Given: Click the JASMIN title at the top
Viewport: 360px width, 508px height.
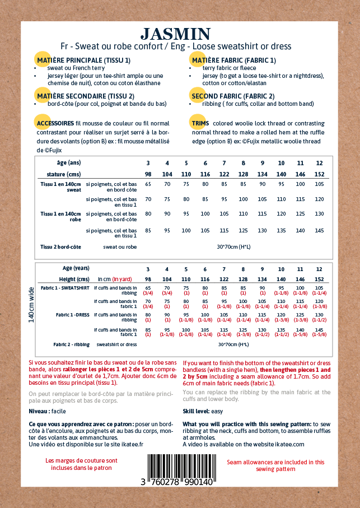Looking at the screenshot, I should (176, 34).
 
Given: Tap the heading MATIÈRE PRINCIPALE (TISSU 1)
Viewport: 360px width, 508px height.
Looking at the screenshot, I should (83, 60).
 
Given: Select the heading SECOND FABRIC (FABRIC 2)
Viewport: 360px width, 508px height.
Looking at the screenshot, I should (233, 96).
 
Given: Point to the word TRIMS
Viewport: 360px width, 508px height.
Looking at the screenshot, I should (200, 123).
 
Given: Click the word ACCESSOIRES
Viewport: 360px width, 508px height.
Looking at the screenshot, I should (54, 123).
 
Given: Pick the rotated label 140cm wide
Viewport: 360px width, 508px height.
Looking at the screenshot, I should (32, 305).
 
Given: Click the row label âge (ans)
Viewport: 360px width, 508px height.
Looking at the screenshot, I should (68, 162).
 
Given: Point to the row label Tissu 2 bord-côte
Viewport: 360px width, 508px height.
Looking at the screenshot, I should (60, 246).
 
